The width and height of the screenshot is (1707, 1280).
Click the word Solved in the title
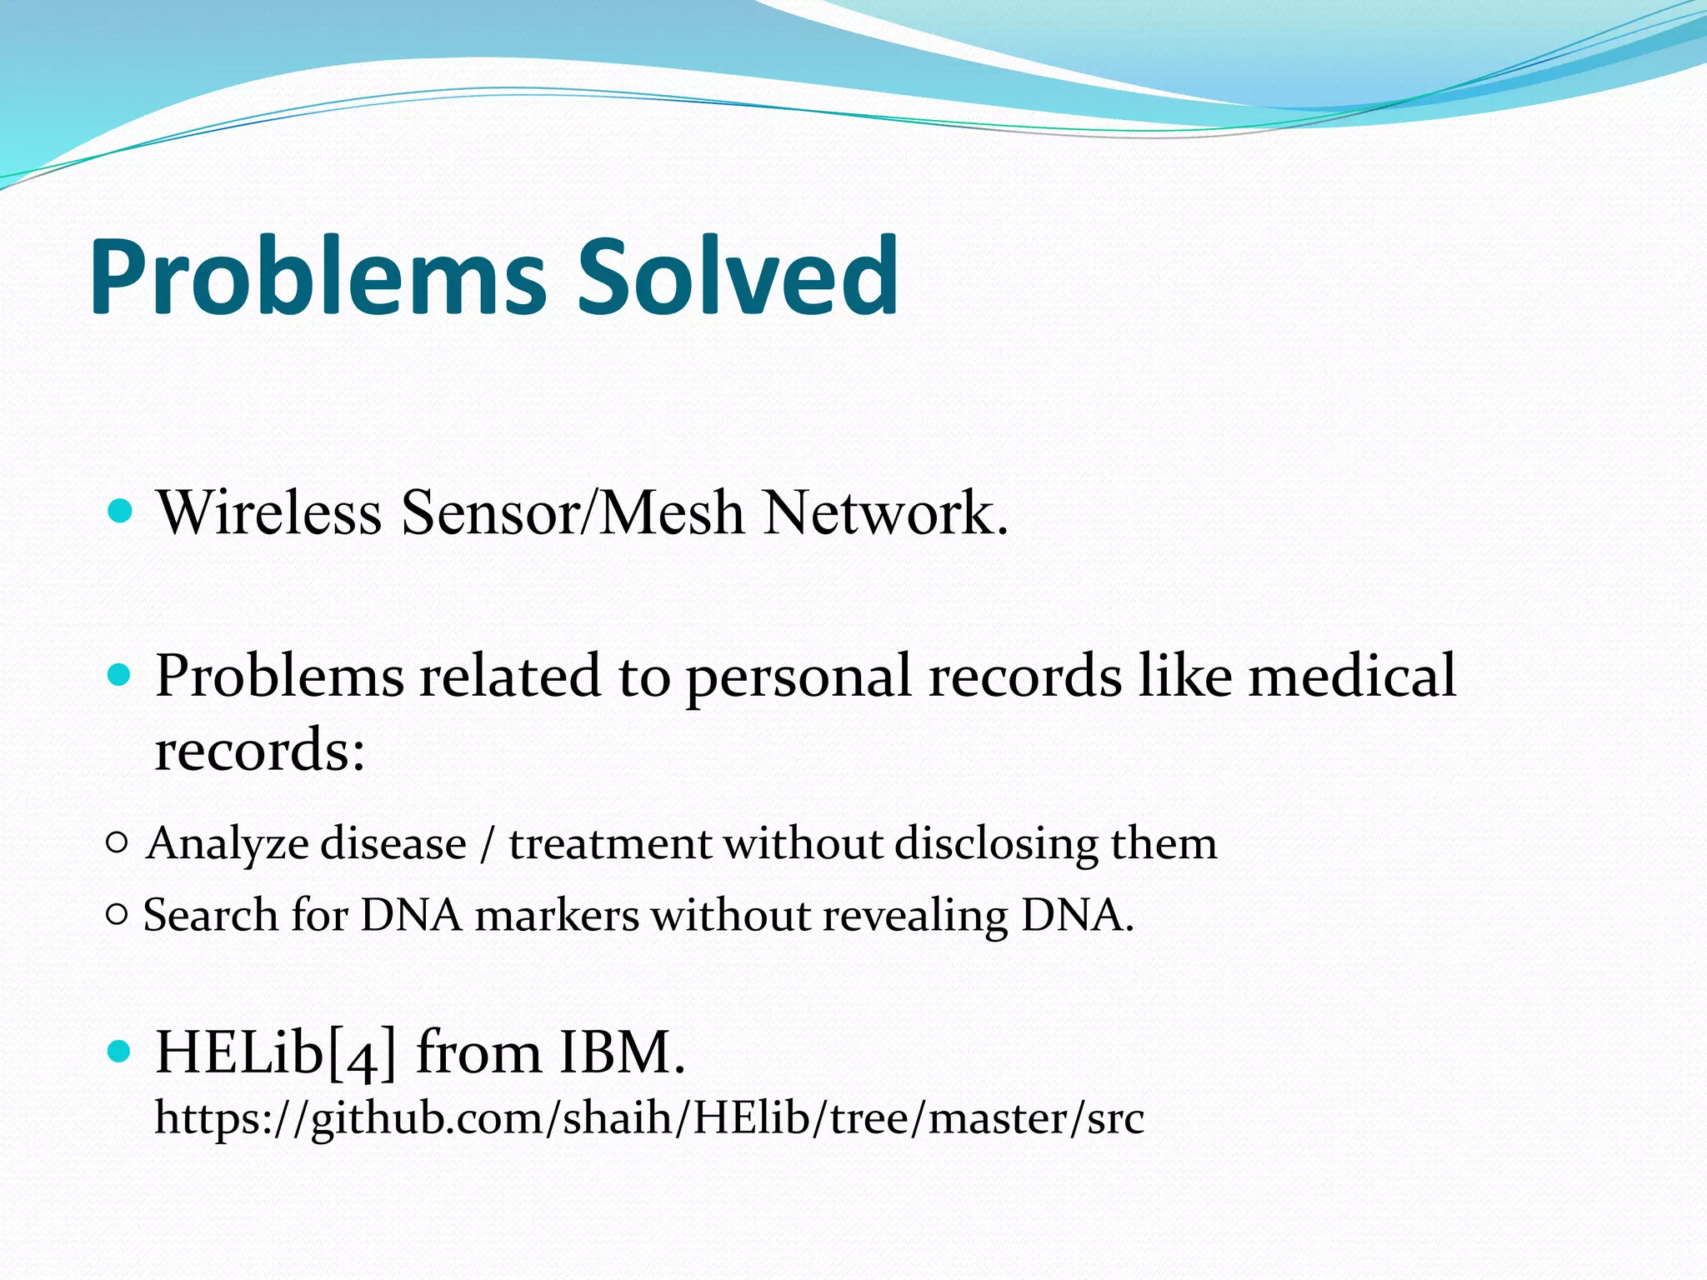738,277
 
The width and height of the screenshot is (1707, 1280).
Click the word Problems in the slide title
318,277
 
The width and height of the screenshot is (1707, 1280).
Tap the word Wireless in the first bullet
269,512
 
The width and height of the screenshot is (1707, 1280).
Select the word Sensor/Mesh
572,512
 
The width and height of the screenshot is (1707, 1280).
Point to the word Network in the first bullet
885,512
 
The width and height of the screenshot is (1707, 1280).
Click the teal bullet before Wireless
121,510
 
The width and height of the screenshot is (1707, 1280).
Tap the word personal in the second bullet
798,675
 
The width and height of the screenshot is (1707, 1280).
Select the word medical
1351,675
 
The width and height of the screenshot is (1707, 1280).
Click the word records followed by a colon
259,749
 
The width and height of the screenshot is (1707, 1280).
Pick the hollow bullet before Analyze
118,843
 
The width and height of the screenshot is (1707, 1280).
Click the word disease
393,843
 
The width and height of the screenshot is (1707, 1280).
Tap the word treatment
609,843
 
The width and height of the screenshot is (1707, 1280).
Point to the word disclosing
997,843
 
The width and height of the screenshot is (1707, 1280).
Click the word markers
556,916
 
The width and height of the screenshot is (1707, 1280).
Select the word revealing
915,916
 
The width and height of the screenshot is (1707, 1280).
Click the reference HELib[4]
276,1052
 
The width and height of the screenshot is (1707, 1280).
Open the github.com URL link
648,1117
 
